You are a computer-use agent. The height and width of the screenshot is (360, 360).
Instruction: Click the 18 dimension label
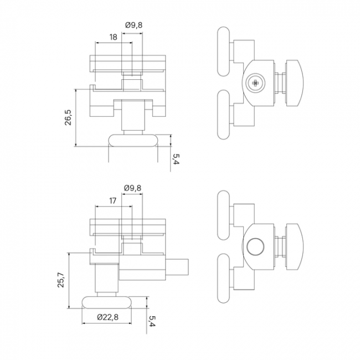[113, 37]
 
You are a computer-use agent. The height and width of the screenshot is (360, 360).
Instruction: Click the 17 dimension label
[112, 201]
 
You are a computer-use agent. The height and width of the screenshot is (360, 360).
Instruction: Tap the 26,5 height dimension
[68, 117]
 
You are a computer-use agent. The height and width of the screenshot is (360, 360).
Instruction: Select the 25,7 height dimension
[61, 280]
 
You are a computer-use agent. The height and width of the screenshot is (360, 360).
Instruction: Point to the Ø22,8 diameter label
[107, 317]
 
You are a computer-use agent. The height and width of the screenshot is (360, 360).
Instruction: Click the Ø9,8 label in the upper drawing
[133, 25]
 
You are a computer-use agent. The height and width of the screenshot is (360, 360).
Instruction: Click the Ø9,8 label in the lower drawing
[133, 188]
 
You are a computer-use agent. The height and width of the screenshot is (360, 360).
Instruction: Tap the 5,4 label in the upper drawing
[176, 159]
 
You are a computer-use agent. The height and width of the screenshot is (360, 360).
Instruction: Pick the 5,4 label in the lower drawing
[152, 321]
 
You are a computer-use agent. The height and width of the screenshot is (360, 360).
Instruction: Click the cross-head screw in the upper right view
[255, 83]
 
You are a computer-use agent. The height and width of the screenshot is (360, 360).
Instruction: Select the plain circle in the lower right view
[255, 246]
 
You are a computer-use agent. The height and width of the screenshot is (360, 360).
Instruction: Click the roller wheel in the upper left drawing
[133, 140]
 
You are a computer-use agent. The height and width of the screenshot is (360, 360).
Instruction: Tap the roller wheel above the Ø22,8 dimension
[107, 302]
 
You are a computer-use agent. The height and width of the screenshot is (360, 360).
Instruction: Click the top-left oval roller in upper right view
[223, 52]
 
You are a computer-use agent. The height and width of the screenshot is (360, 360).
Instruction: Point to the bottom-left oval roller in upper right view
[223, 115]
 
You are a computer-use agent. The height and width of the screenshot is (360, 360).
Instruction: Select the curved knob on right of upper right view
[294, 83]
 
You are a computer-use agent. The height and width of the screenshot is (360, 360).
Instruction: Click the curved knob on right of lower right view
[294, 247]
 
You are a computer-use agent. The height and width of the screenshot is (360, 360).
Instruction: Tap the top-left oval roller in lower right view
[223, 215]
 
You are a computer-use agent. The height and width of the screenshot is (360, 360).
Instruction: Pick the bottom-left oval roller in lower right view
[223, 279]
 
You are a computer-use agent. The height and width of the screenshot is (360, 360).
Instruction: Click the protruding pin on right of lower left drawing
[177, 267]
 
